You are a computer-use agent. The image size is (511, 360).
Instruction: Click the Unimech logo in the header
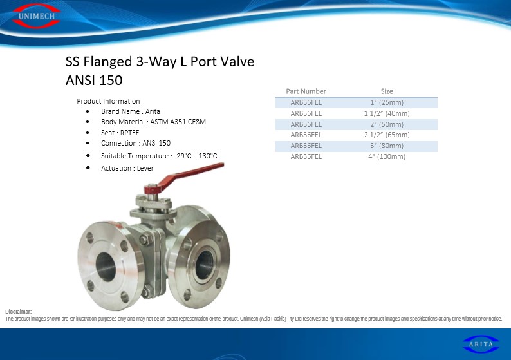(x=37, y=16)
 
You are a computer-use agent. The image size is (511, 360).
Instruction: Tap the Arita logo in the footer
(x=481, y=344)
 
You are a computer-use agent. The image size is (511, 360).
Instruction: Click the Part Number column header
(x=306, y=91)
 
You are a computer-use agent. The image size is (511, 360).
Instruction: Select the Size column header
(x=387, y=91)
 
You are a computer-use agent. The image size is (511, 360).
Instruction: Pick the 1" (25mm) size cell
(x=387, y=102)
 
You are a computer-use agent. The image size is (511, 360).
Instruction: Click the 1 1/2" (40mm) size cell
(x=387, y=113)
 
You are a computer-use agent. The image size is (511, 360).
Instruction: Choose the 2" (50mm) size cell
(x=387, y=124)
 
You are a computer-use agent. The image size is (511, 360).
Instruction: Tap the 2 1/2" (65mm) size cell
(x=387, y=135)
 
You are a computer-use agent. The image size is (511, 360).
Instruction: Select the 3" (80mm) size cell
(x=387, y=146)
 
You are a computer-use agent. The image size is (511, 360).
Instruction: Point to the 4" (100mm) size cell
(x=387, y=156)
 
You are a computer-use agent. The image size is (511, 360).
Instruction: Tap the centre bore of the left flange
(x=106, y=267)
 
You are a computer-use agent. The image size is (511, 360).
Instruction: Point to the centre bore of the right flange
(x=204, y=265)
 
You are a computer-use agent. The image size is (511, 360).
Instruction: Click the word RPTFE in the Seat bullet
(x=130, y=133)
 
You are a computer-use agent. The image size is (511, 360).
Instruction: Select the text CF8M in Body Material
(x=197, y=122)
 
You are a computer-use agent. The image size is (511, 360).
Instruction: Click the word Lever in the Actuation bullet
(x=145, y=168)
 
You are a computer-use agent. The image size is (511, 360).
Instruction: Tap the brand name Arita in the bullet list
(x=153, y=111)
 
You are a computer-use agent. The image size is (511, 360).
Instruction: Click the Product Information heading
(x=108, y=101)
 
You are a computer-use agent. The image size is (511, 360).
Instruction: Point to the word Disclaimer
(x=19, y=312)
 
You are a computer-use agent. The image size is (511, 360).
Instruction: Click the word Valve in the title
(x=237, y=61)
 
